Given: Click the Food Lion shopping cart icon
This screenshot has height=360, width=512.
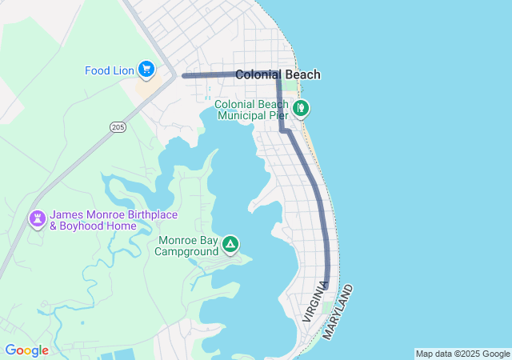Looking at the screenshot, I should point(146,70).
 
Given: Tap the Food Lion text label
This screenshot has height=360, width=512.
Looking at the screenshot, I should point(109,70).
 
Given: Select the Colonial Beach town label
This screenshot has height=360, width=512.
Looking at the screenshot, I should point(278,74).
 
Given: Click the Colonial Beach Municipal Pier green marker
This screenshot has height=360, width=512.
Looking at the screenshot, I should point(301,108).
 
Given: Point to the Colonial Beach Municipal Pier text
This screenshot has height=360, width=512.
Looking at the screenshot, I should point(251,110).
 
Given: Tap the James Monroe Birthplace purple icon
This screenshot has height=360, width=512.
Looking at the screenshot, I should point(37,218).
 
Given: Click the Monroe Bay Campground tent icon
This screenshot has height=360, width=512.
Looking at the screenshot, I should point(230,244).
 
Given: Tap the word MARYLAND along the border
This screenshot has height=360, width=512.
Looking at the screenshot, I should point(338,311).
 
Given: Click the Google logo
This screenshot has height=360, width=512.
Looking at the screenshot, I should point(26,350).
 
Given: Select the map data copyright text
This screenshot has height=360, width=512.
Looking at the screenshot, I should point(462,354).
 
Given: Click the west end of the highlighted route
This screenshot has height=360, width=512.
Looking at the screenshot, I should point(184,76).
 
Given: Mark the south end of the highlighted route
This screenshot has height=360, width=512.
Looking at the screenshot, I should point(327,284).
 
